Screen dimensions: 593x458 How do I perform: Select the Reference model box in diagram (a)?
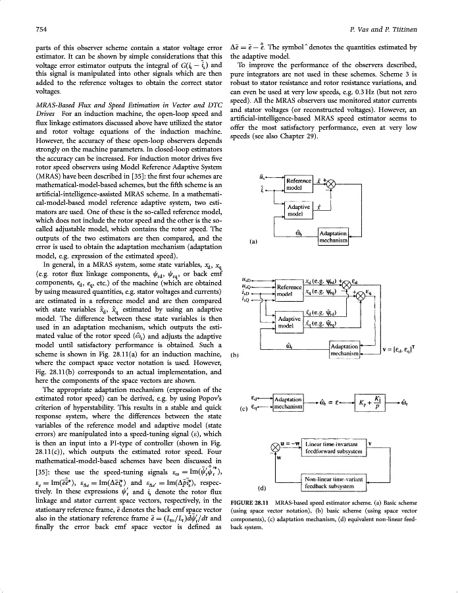coord(297,184)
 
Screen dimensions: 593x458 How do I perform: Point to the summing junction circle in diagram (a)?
coord(332,184)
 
